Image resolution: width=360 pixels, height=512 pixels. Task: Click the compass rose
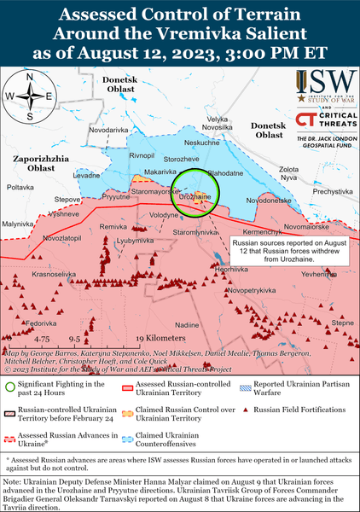[x=30, y=96]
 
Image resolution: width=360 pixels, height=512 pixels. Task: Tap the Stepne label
[x=342, y=323]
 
